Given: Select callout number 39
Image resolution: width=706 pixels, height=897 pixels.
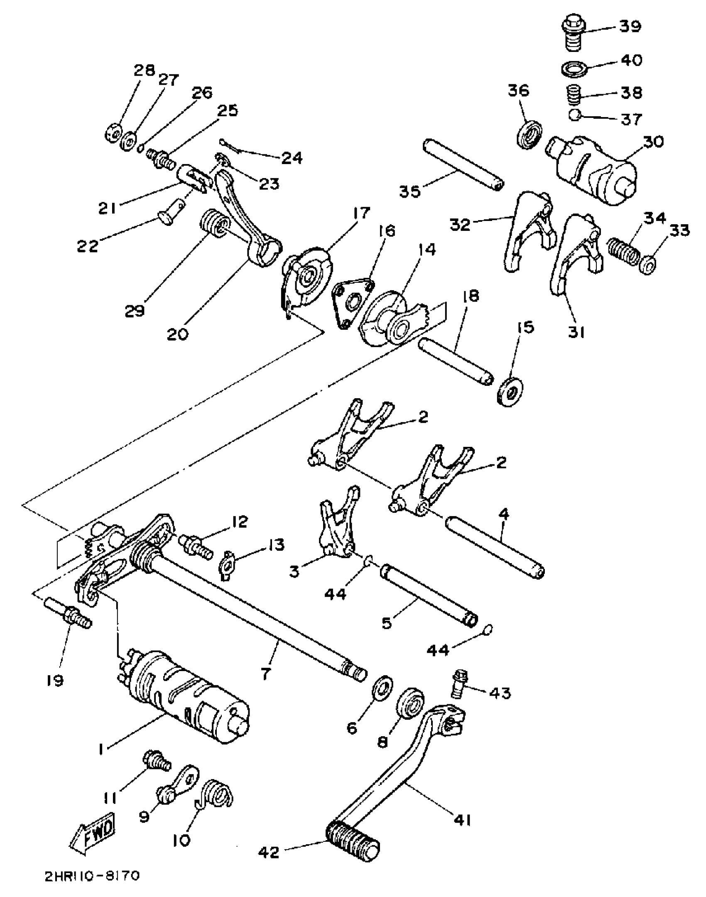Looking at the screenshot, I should tap(630, 26).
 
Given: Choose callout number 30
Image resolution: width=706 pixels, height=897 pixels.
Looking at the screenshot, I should tap(654, 142).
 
